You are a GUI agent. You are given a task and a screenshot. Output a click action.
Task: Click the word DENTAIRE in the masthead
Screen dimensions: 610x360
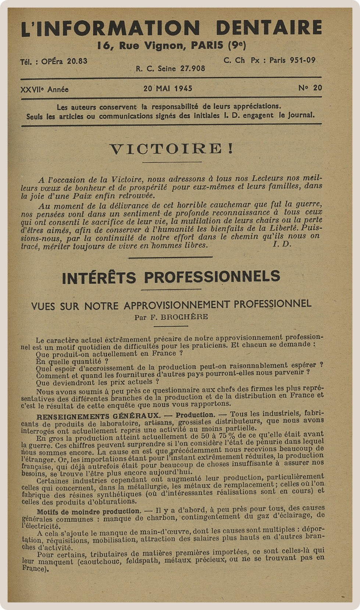(x=269, y=28)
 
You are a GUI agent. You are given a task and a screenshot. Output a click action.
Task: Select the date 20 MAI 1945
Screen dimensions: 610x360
(x=168, y=89)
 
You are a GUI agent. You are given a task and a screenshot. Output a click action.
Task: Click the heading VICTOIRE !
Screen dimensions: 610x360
(x=171, y=149)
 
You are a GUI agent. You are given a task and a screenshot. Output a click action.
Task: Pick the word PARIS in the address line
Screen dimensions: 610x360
(x=207, y=46)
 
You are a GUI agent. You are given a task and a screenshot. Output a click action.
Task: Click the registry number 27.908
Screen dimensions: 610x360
(x=192, y=68)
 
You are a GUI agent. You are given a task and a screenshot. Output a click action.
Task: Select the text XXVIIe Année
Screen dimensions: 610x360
(x=44, y=90)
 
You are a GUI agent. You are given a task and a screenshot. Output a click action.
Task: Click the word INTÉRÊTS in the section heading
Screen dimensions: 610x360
(x=99, y=277)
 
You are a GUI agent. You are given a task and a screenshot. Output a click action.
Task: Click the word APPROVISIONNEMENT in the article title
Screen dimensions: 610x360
(x=177, y=305)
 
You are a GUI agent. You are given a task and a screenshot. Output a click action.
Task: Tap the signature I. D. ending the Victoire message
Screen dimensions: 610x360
(x=282, y=244)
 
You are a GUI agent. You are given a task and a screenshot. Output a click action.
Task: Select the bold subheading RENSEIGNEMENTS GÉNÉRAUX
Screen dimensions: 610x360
(x=98, y=416)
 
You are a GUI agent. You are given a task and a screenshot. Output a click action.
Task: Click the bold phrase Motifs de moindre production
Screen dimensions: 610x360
(x=89, y=512)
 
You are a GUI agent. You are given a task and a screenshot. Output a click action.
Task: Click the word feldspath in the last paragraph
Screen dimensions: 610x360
(x=141, y=561)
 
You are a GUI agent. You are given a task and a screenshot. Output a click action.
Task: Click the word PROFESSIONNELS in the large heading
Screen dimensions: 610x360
(x=212, y=277)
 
